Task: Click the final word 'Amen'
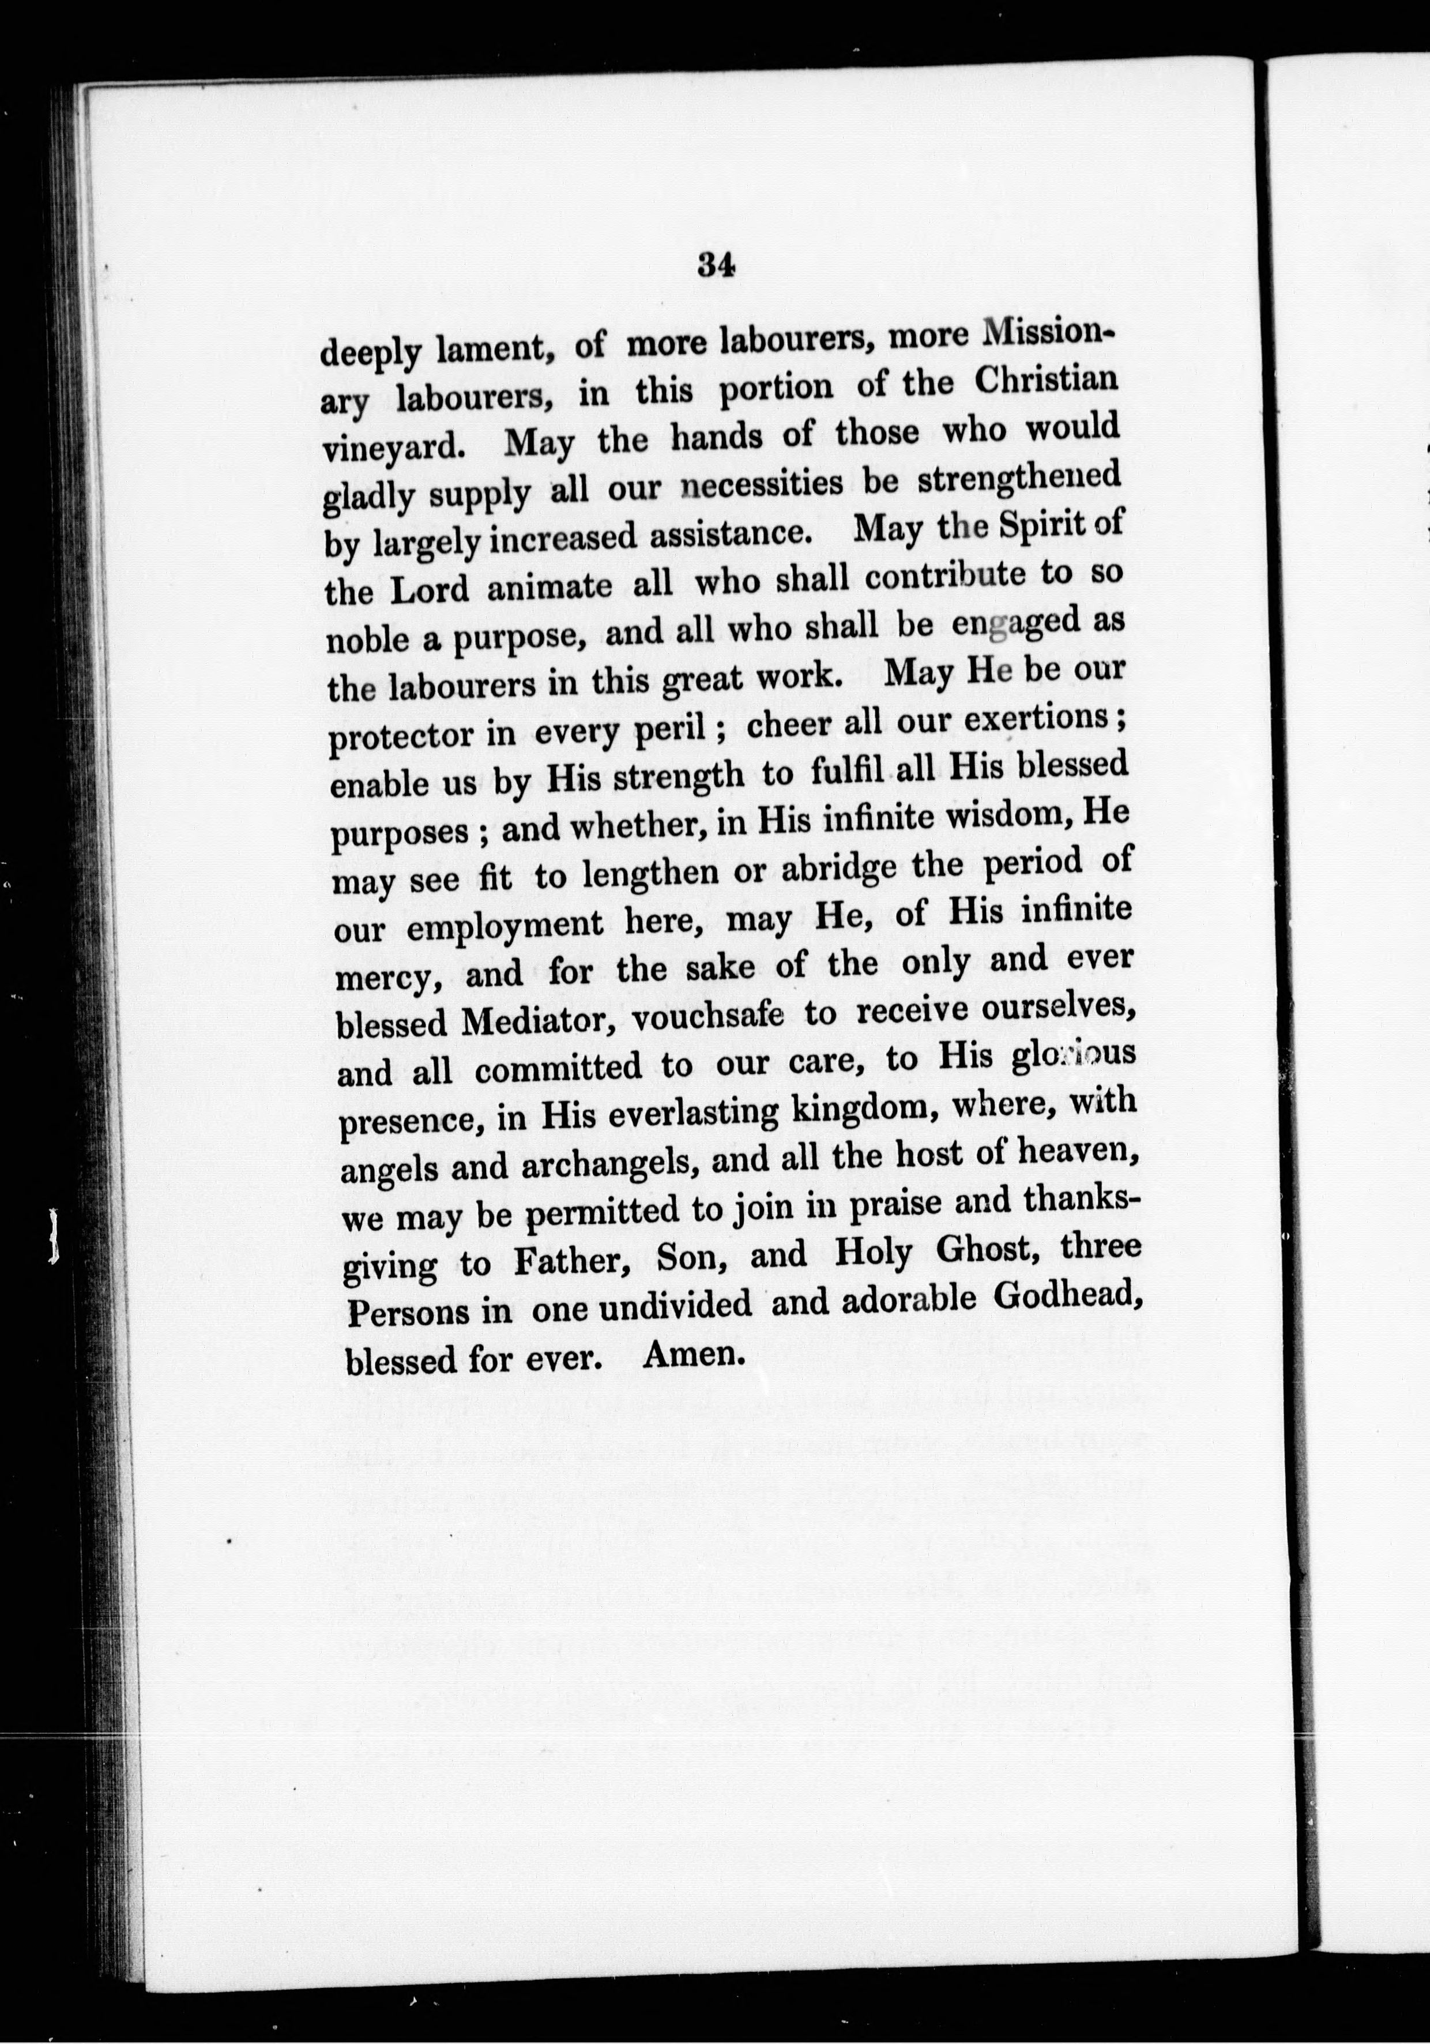pos(691,1355)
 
